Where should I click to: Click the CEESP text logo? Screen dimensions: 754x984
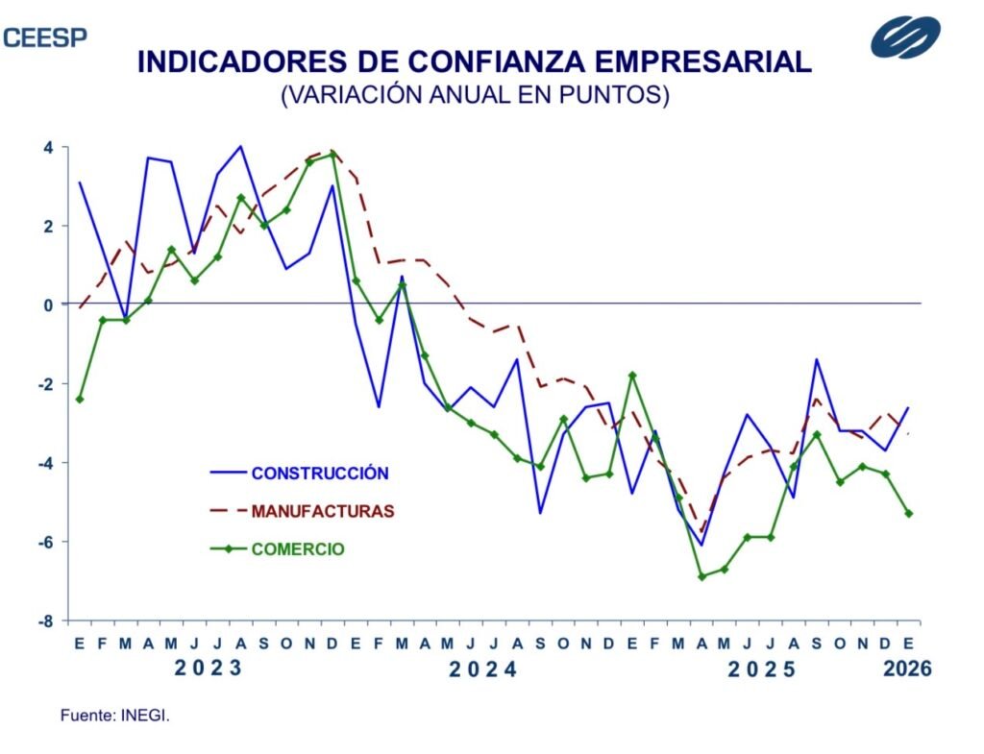click(x=44, y=37)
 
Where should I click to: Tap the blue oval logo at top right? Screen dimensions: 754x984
click(x=905, y=36)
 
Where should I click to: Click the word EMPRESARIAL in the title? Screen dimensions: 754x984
click(x=701, y=62)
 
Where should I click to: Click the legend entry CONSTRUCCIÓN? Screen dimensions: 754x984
click(x=320, y=473)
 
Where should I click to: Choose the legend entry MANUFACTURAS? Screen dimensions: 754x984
click(x=323, y=511)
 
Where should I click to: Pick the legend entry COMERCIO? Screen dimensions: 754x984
click(x=298, y=549)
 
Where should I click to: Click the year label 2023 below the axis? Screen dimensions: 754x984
click(x=209, y=669)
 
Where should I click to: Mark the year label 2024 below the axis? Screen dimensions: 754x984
click(x=483, y=669)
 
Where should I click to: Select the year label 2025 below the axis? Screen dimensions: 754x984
click(x=762, y=669)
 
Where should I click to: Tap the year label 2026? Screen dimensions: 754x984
click(x=907, y=669)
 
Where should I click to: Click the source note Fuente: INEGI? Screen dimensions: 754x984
click(x=115, y=716)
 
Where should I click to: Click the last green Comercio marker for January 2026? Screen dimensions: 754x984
click(x=908, y=513)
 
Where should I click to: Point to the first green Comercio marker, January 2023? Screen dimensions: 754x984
click(x=80, y=399)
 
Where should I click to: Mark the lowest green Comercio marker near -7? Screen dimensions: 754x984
click(x=701, y=576)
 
